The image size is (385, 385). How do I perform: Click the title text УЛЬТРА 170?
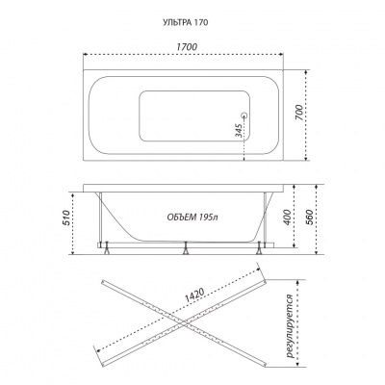[x=186, y=22]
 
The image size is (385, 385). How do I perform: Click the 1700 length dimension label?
[x=187, y=46]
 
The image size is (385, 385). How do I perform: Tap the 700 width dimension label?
[x=298, y=113]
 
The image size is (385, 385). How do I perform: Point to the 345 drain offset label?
[x=239, y=130]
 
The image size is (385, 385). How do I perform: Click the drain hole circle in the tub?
[x=244, y=115]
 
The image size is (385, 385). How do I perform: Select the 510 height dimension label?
[x=66, y=218]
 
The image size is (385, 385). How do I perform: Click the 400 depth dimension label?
[x=288, y=217]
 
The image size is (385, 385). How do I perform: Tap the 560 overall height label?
[x=310, y=218]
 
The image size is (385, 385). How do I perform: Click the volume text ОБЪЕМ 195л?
[x=192, y=218]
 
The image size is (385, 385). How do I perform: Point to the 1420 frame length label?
[x=194, y=296]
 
